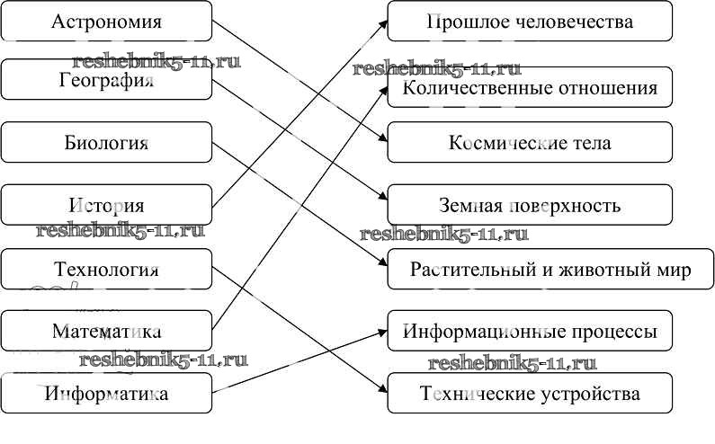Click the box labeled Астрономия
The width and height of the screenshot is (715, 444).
coord(106,21)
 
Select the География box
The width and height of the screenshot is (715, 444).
coord(106,80)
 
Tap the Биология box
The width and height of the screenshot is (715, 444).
coord(106,143)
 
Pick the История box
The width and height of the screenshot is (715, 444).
coord(106,205)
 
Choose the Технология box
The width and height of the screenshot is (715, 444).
coord(106,269)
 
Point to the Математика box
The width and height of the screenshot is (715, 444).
coord(106,331)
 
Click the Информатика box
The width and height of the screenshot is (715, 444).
coord(106,393)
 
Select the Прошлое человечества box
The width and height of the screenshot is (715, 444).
coord(530,22)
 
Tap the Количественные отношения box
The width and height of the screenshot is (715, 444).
coord(530,88)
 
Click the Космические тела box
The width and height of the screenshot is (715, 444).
coord(530,143)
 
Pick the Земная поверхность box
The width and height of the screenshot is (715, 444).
coord(530,205)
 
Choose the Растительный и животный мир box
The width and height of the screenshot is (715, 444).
coord(530,270)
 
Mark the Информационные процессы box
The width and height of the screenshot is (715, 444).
coord(530,332)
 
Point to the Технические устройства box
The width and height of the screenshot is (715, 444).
coord(530,394)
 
